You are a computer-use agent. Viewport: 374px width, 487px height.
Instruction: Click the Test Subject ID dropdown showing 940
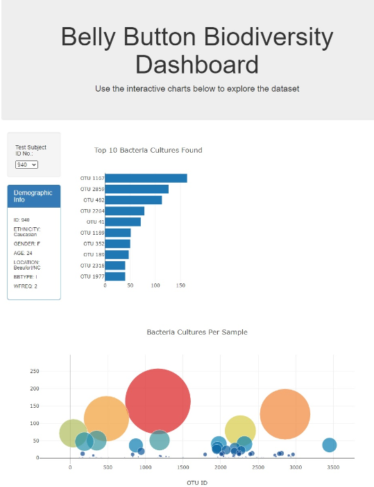click(26, 165)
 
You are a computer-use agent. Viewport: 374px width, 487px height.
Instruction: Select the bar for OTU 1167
click(146, 179)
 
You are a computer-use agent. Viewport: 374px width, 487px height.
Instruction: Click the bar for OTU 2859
click(137, 189)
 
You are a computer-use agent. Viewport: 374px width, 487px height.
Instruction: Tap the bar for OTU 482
click(133, 200)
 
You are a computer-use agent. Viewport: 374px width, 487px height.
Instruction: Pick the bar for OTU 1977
click(115, 276)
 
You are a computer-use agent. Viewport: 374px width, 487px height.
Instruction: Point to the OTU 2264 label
click(92, 211)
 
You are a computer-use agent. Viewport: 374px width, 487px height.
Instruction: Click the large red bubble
click(158, 401)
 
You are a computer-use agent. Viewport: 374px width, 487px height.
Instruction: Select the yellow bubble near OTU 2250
click(240, 430)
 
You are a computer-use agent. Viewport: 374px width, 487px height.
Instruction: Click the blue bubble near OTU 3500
click(329, 445)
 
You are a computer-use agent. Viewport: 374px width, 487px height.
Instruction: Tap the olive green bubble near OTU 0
click(72, 433)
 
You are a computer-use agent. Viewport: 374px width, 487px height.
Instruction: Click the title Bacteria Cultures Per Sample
click(196, 332)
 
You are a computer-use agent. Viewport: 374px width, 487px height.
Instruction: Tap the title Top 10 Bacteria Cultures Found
click(148, 150)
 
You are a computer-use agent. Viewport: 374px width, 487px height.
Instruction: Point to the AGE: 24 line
click(23, 254)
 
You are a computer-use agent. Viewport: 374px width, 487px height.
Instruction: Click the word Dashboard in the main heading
click(196, 65)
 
